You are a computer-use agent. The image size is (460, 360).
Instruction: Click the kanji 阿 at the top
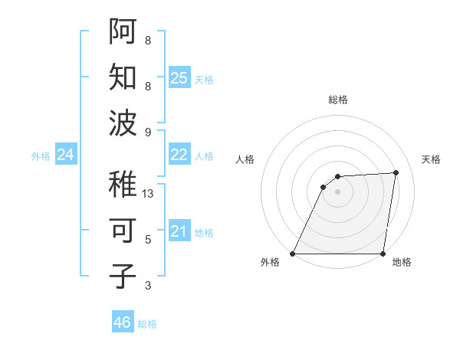click(x=123, y=31)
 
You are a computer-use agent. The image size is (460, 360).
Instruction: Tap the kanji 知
click(x=123, y=77)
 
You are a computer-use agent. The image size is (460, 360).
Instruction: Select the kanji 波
click(x=123, y=123)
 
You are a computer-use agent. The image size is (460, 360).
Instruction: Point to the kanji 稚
click(x=123, y=185)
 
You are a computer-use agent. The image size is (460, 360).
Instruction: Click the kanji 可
click(x=123, y=231)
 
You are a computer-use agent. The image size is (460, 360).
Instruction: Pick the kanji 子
click(x=123, y=277)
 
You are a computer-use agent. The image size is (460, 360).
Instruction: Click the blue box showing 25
click(x=179, y=77)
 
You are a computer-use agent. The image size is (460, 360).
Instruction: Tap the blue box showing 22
click(x=179, y=155)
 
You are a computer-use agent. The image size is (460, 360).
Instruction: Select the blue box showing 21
click(x=179, y=231)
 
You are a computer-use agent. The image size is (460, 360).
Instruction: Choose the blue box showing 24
click(x=66, y=155)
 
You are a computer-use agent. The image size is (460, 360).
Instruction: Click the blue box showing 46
click(x=123, y=322)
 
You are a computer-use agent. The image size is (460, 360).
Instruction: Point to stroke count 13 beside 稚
click(x=149, y=194)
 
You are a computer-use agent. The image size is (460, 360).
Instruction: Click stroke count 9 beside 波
click(x=148, y=133)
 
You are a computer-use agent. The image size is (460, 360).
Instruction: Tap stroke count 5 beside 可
click(x=148, y=240)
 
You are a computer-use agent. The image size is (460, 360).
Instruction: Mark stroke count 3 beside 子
click(x=148, y=286)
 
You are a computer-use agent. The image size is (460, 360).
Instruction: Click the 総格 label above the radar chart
click(x=338, y=100)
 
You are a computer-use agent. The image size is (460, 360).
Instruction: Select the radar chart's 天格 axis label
click(x=431, y=159)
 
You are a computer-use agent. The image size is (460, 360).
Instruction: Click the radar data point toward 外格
click(x=292, y=254)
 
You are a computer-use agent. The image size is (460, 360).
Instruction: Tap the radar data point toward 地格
click(x=383, y=254)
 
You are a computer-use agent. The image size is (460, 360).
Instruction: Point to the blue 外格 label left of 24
click(x=41, y=156)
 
